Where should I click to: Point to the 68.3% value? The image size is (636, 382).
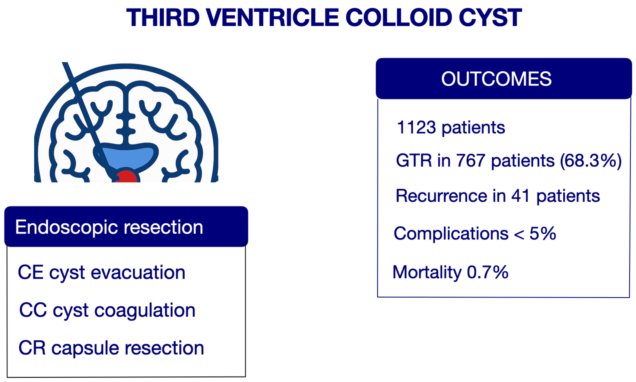(x=591, y=161)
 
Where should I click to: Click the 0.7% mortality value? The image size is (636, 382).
(x=488, y=272)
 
